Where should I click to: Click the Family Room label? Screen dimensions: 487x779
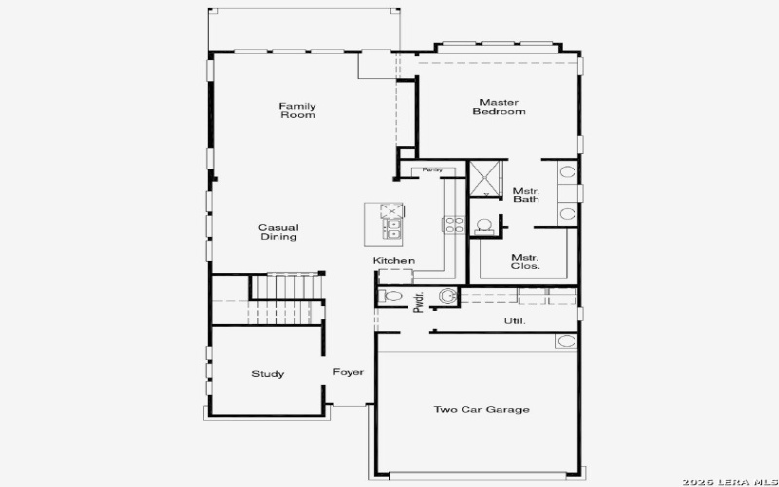(297, 111)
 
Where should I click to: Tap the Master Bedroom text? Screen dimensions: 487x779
(499, 107)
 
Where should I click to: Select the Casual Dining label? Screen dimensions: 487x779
(278, 232)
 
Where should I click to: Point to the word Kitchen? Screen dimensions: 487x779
(393, 261)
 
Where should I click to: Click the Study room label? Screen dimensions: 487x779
(268, 374)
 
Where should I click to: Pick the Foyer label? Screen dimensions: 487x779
(348, 372)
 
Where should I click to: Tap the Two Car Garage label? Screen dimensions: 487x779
(481, 410)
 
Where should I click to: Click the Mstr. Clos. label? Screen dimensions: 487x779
(526, 261)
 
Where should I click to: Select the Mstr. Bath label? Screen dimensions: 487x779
(526, 195)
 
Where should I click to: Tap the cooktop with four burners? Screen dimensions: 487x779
(454, 223)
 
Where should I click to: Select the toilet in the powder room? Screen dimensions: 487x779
(390, 296)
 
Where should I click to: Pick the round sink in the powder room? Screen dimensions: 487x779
(448, 296)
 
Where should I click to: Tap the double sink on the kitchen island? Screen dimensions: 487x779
(393, 229)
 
